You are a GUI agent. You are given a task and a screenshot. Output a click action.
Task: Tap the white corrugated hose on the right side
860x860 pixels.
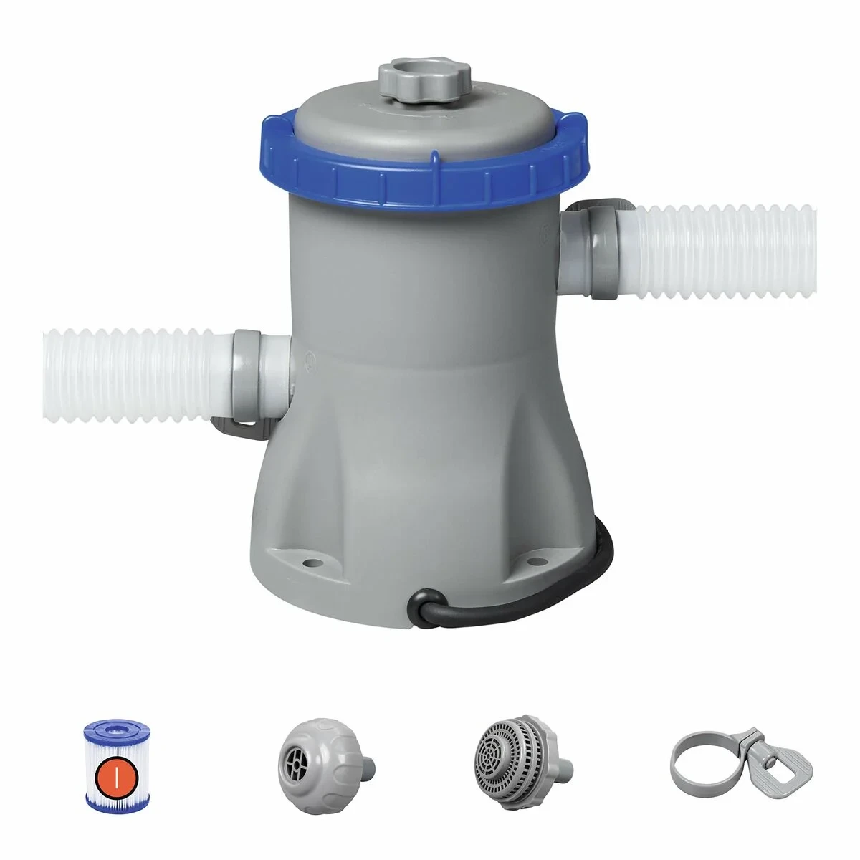tap(724, 251)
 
